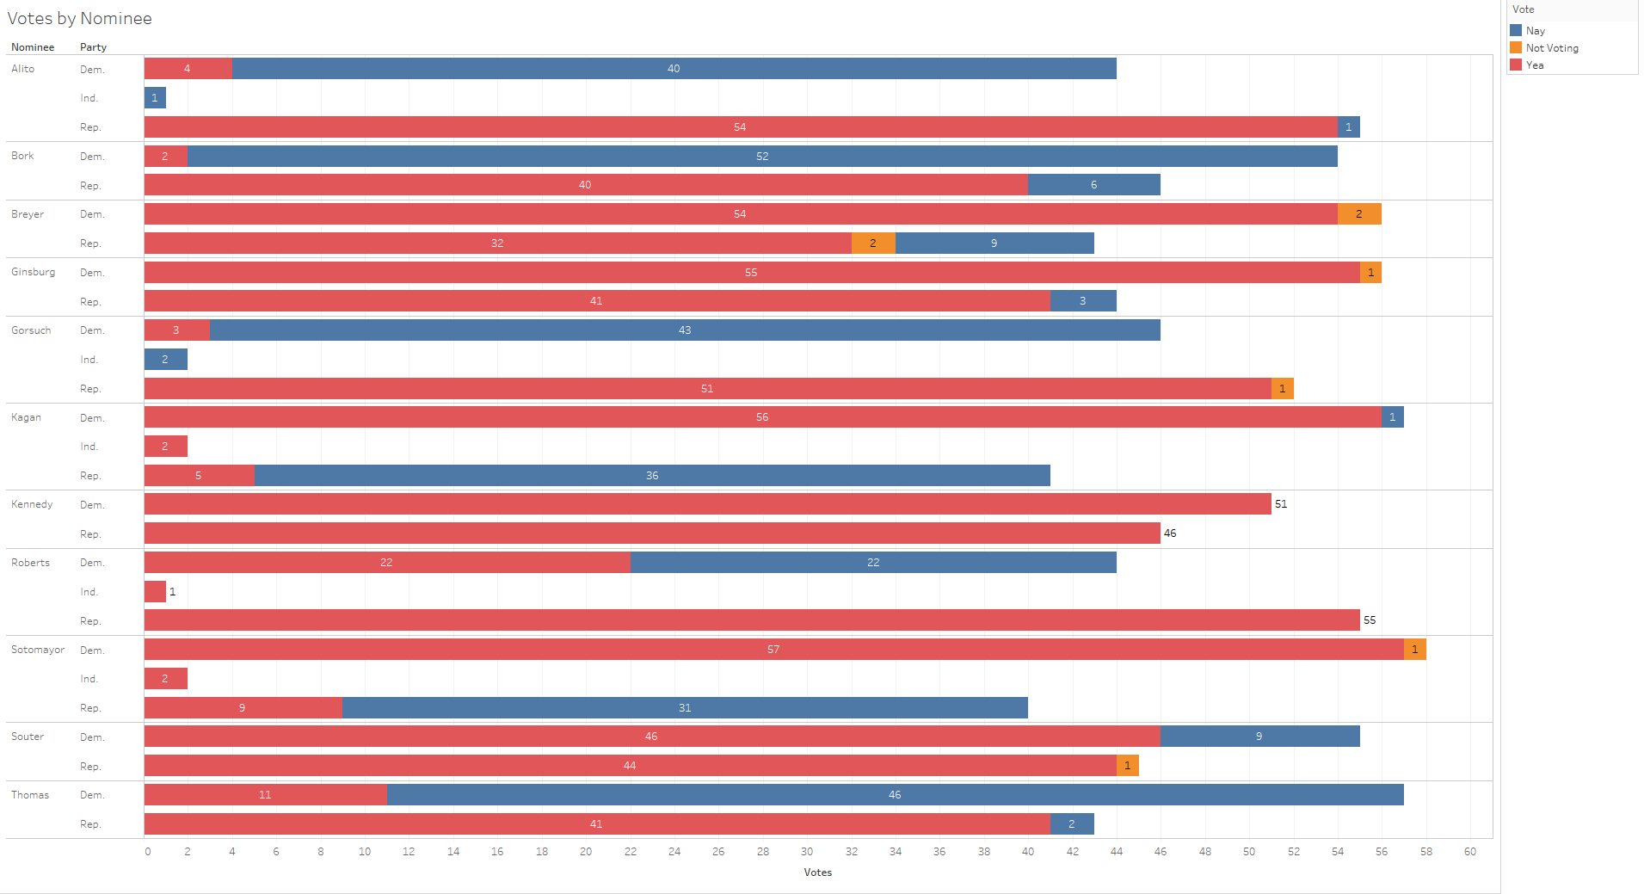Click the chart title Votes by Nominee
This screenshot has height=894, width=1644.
79,18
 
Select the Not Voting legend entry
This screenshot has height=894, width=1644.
1551,48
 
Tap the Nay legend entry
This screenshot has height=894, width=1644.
1535,31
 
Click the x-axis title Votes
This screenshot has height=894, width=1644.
817,872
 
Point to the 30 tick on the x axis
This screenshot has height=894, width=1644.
807,852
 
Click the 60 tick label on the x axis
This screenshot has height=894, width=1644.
1470,852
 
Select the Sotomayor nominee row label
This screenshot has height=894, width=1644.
38,650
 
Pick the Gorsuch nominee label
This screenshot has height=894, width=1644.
31,330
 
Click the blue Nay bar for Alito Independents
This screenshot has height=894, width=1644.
155,98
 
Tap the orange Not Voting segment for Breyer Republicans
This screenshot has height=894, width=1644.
873,244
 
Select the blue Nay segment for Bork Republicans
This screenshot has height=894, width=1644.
1093,185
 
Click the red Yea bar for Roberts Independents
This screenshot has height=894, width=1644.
155,592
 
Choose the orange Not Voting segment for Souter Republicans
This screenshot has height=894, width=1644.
1127,766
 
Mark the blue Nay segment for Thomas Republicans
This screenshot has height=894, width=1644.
1072,824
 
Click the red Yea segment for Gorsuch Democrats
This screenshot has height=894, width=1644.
176,330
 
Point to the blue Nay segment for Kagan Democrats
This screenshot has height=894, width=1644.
1392,417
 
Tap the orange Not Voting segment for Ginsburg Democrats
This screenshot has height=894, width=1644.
1370,273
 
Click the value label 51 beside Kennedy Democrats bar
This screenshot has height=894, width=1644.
1281,504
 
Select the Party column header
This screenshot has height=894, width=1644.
93,47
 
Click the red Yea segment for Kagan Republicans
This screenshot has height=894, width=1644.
199,476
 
